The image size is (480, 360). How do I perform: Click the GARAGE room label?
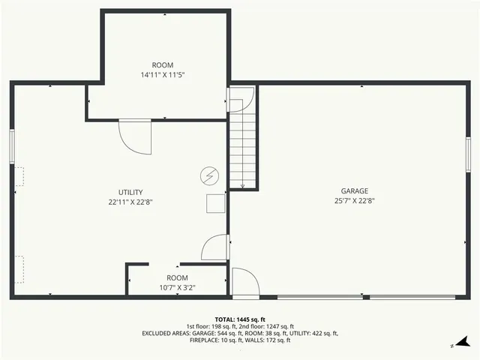(x=355, y=191)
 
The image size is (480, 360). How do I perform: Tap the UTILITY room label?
(x=130, y=192)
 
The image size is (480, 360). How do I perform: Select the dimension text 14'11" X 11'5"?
(x=162, y=75)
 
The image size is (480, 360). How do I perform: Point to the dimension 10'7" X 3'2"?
(x=177, y=287)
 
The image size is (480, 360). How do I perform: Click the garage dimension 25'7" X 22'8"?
(x=355, y=200)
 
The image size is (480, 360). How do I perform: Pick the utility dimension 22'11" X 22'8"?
(x=130, y=201)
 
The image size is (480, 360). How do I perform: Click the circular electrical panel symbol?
(x=209, y=175)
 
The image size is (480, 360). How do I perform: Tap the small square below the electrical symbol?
(x=216, y=203)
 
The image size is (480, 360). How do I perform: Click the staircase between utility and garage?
(x=243, y=142)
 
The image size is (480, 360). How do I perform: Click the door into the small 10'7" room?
(x=216, y=248)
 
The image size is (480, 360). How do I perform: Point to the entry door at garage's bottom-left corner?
(x=245, y=283)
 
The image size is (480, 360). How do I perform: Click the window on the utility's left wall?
(x=12, y=144)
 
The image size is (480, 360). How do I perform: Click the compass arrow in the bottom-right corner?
(x=465, y=341)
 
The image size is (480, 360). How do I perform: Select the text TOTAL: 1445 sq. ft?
(x=240, y=319)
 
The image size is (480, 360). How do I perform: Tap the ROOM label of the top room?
(x=162, y=65)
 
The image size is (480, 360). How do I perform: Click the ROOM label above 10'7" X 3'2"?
(x=177, y=278)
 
